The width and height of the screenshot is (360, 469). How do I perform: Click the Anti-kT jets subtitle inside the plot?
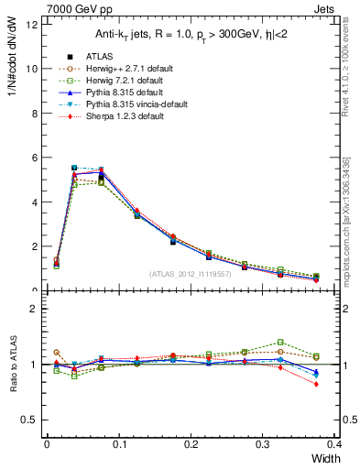coord(191,35)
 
